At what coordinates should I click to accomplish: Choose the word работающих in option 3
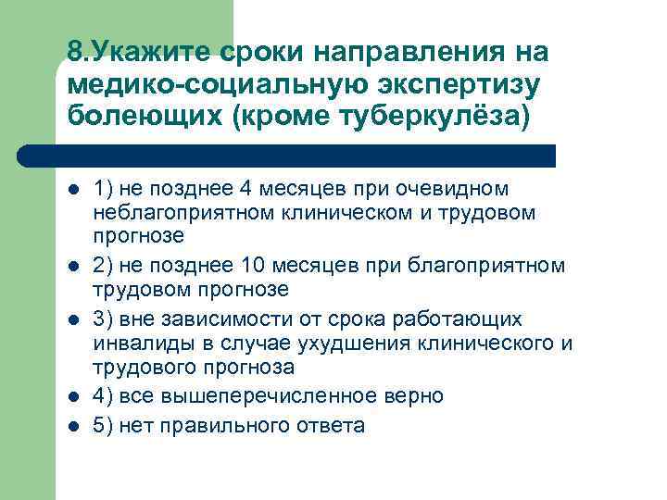451,319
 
